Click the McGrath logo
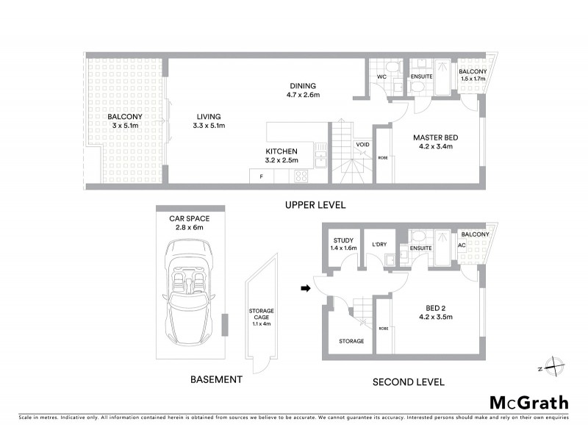click(x=529, y=402)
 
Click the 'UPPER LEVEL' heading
click(x=315, y=205)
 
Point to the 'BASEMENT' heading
click(x=216, y=379)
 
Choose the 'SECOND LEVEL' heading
click(x=408, y=381)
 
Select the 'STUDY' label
click(x=344, y=240)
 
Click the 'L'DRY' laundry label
click(x=380, y=244)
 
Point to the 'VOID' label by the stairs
click(x=362, y=145)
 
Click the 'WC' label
click(x=381, y=76)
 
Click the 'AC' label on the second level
click(x=462, y=245)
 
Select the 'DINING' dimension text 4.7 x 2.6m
click(x=303, y=95)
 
